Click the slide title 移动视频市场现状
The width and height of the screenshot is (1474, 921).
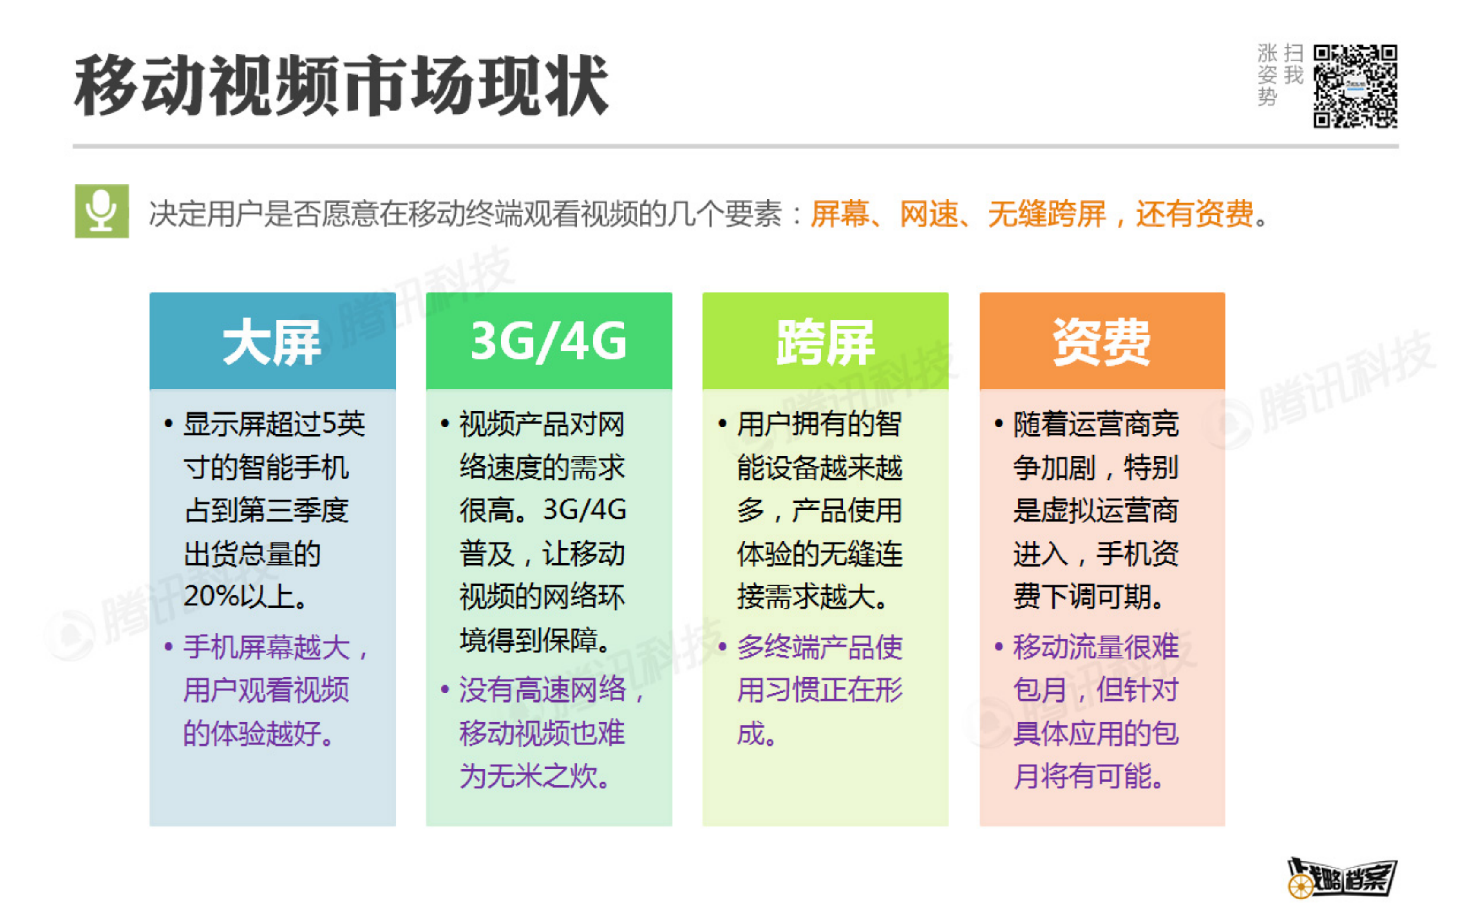(x=341, y=85)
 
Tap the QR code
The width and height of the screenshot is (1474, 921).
(x=1355, y=86)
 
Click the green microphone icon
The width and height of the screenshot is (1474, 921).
(x=102, y=211)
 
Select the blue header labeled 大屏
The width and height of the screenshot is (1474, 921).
(x=272, y=341)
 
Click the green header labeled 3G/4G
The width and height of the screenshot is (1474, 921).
(x=549, y=341)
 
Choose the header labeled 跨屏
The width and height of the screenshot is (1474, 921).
(x=825, y=341)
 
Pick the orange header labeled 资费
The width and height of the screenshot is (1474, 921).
(x=1102, y=341)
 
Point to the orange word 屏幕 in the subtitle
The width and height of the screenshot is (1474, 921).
(x=839, y=215)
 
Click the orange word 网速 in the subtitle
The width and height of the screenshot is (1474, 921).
(x=929, y=215)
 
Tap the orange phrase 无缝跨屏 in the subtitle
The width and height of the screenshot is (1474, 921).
(x=1046, y=215)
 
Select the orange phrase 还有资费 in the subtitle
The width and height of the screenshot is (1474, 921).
(x=1194, y=215)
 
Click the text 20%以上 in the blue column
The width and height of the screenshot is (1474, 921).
(x=244, y=596)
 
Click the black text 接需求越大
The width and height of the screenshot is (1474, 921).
(x=811, y=596)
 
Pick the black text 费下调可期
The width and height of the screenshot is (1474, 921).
(x=1088, y=596)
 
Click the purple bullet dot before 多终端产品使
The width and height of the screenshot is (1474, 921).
(x=723, y=646)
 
